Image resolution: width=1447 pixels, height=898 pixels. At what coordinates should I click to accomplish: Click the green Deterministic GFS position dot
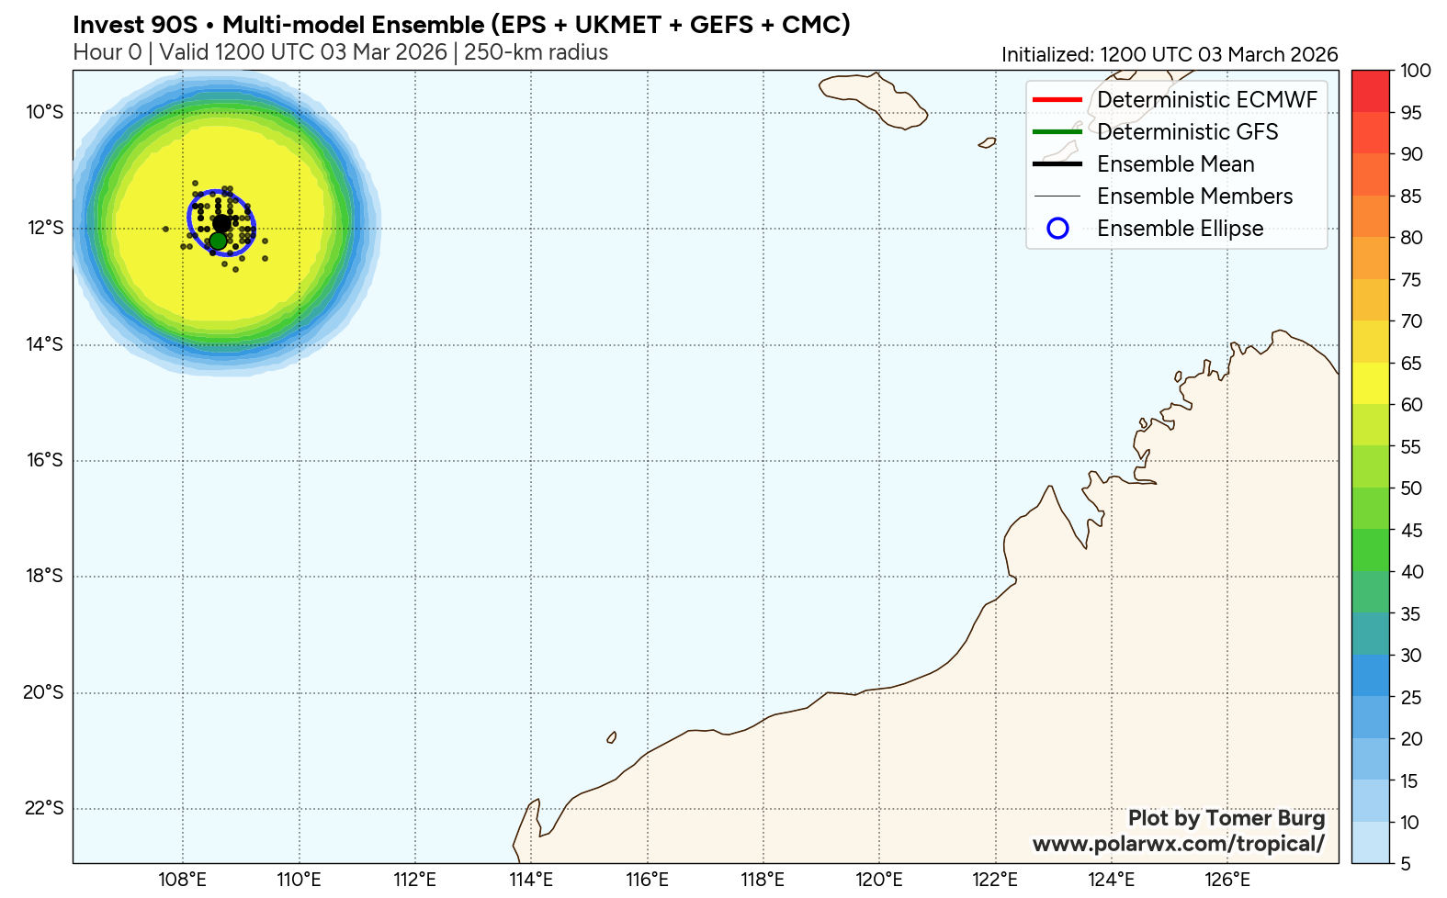click(218, 241)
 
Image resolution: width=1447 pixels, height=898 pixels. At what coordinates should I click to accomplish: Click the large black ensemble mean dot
click(221, 223)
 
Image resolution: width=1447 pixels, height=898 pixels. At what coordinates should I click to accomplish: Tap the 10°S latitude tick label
click(44, 113)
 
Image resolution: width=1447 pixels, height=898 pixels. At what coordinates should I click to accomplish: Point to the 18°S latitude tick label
click(44, 577)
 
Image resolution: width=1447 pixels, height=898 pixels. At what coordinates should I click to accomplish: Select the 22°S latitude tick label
click(44, 809)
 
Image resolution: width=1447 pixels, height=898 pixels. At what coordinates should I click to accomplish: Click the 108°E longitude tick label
click(182, 881)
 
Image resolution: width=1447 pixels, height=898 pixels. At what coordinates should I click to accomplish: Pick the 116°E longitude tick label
click(647, 881)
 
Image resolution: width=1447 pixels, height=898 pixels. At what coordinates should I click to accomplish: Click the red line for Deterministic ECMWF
click(1057, 99)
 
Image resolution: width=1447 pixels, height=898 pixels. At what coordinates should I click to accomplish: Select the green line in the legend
click(1057, 131)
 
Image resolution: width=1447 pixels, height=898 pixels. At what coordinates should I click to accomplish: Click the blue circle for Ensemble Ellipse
click(1057, 229)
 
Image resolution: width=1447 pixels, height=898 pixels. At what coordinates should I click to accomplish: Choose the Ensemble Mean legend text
click(1175, 164)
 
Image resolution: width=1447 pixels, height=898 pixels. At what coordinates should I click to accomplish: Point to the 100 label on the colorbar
click(1416, 71)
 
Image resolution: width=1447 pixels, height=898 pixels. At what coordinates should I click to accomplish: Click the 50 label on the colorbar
click(1411, 488)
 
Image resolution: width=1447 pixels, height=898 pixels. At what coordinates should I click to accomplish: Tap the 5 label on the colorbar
click(1406, 864)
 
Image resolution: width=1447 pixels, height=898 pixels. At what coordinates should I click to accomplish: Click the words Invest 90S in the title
click(135, 25)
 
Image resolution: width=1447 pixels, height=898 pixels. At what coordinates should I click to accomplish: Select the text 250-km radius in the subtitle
click(536, 52)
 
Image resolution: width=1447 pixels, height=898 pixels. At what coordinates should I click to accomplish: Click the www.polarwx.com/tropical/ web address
click(1178, 844)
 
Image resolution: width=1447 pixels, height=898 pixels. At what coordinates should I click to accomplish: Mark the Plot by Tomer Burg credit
click(1226, 818)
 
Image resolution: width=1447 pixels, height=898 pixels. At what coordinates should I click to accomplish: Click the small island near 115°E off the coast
click(612, 737)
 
